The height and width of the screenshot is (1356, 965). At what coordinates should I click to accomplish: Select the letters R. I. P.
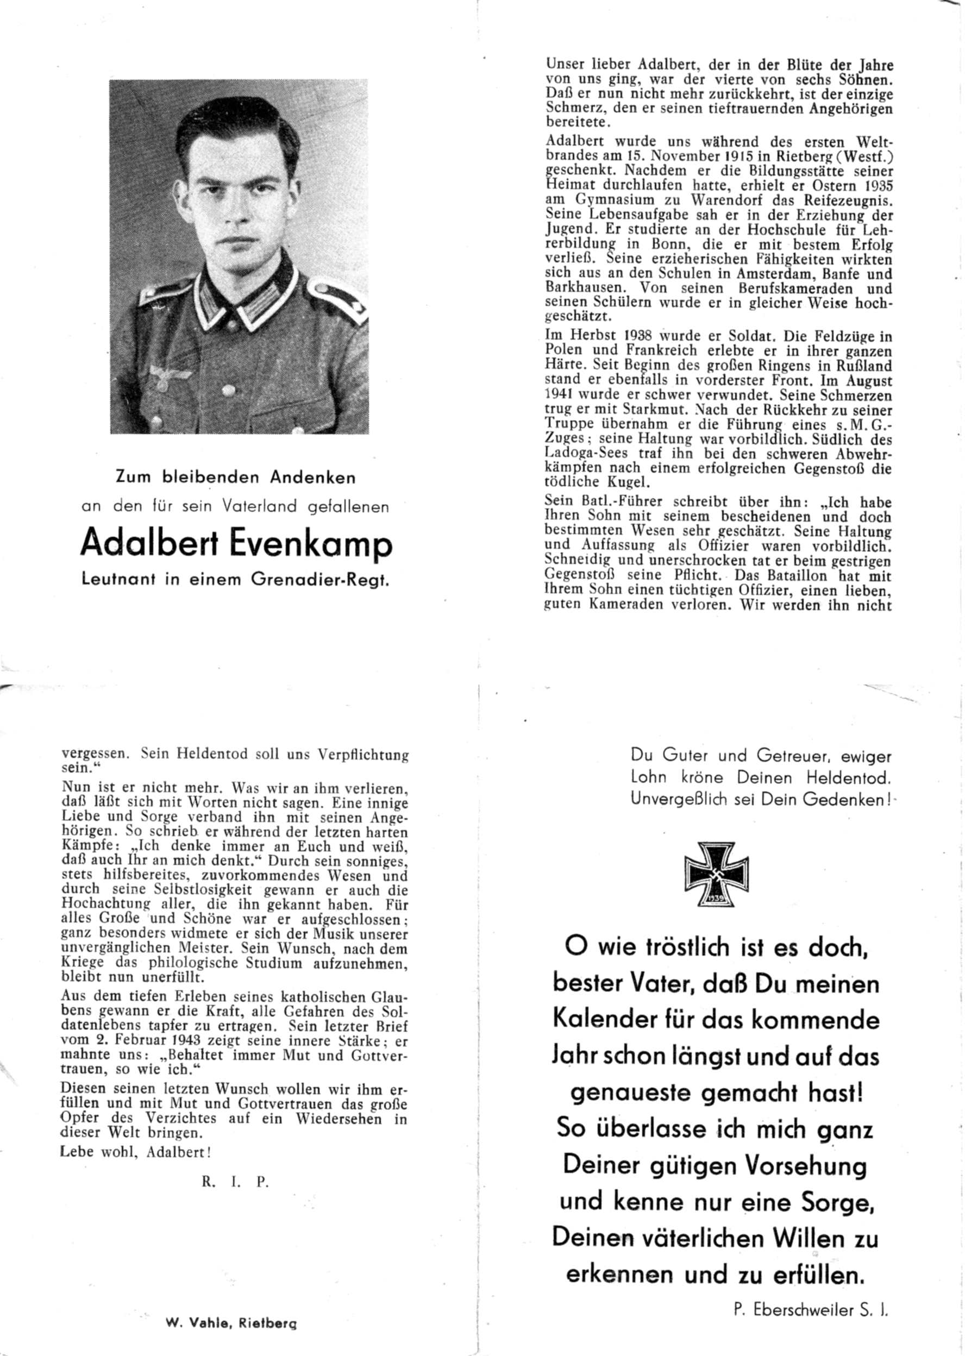click(x=235, y=1182)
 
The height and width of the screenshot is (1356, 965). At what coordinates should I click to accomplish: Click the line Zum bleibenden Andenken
click(x=235, y=477)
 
